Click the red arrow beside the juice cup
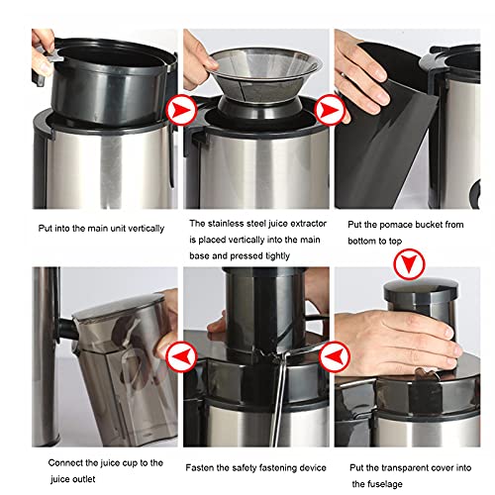[x=178, y=353]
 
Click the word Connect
[x=63, y=462]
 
